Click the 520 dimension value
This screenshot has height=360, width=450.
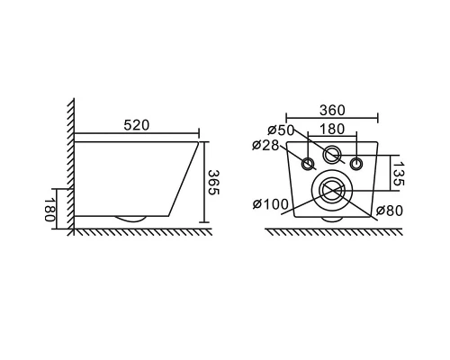137,125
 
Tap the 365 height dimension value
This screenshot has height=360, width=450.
214,183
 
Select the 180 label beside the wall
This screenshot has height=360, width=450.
49,210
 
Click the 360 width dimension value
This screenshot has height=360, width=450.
332,110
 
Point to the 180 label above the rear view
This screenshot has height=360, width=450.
332,130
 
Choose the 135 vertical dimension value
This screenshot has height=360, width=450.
399,174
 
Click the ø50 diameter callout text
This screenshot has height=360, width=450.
281,130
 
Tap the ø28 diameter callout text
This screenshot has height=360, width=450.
265,145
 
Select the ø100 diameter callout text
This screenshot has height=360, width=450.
271,204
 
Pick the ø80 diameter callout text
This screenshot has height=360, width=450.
390,211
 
